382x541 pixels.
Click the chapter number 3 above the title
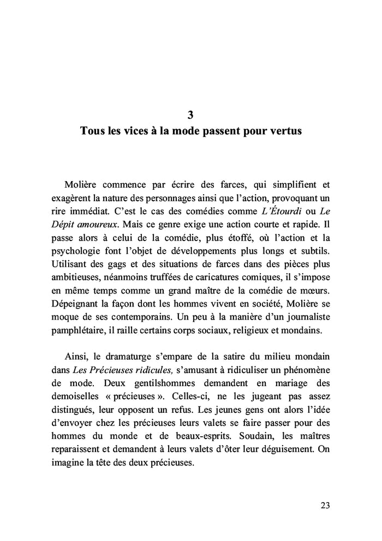(190, 115)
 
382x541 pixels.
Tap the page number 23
(324, 505)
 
